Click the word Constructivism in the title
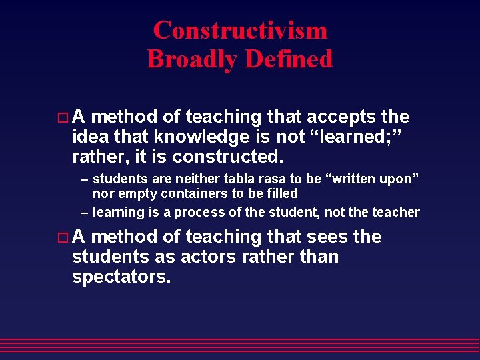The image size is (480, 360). click(240, 30)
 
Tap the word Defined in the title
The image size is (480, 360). click(288, 59)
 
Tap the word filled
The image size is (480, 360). click(283, 194)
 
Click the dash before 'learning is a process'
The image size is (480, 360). click(85, 213)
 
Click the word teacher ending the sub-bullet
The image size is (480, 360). click(397, 213)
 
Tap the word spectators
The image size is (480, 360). click(121, 277)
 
